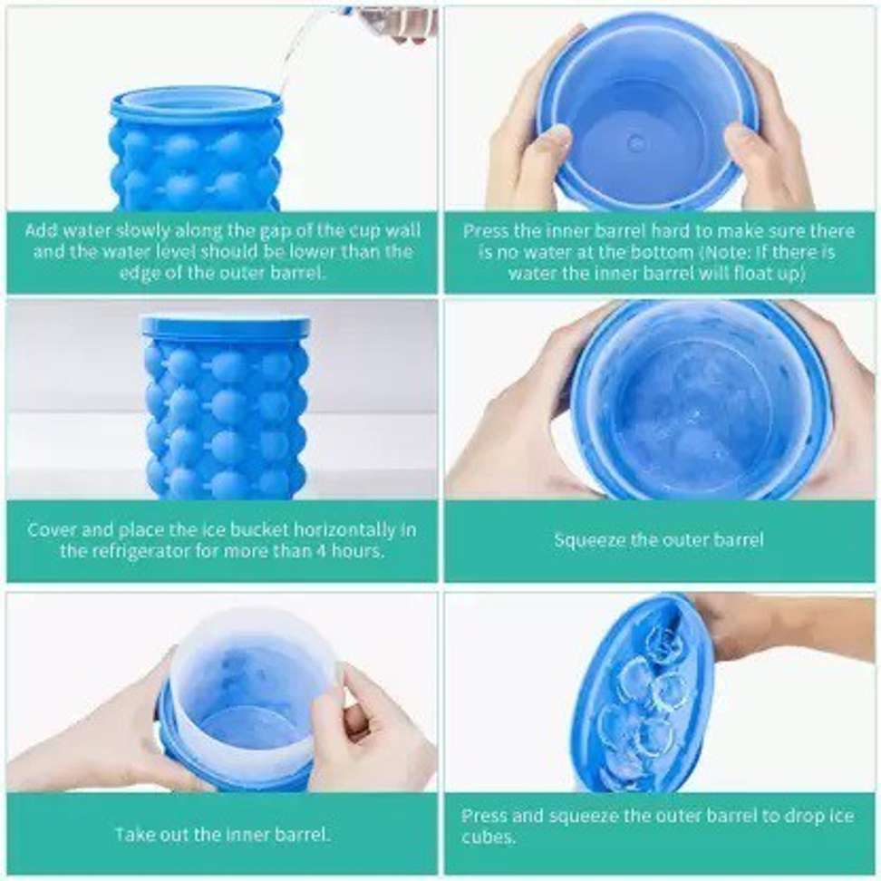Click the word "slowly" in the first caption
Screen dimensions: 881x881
(142, 231)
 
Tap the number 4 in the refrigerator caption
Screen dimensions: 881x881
(321, 551)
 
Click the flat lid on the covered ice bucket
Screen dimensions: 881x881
(226, 326)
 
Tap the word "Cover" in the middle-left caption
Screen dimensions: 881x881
(48, 530)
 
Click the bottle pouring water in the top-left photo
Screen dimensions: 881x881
(389, 24)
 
